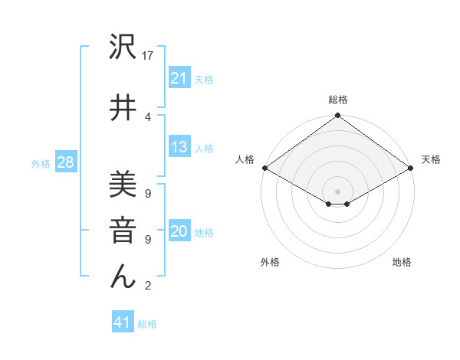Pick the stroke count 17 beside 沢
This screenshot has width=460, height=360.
pyautogui.click(x=149, y=56)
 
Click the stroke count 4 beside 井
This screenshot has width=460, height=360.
pyautogui.click(x=147, y=117)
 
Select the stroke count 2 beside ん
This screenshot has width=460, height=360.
pyautogui.click(x=147, y=286)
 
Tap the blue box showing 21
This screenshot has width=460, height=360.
pyautogui.click(x=179, y=77)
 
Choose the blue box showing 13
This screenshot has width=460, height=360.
pyautogui.click(x=179, y=147)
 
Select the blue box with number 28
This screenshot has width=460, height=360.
pyautogui.click(x=65, y=162)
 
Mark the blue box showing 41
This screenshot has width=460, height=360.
pyautogui.click(x=123, y=322)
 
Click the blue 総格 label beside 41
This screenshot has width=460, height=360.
pyautogui.click(x=147, y=324)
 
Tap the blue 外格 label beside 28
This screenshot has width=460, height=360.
pyautogui.click(x=41, y=164)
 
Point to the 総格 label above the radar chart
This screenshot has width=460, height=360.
pyautogui.click(x=337, y=100)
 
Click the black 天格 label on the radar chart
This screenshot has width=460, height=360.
pyautogui.click(x=431, y=159)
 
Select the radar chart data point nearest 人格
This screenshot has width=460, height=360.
pyautogui.click(x=264, y=168)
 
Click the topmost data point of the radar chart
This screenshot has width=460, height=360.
pyautogui.click(x=337, y=116)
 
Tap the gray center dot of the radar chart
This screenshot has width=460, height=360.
pyautogui.click(x=337, y=191)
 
